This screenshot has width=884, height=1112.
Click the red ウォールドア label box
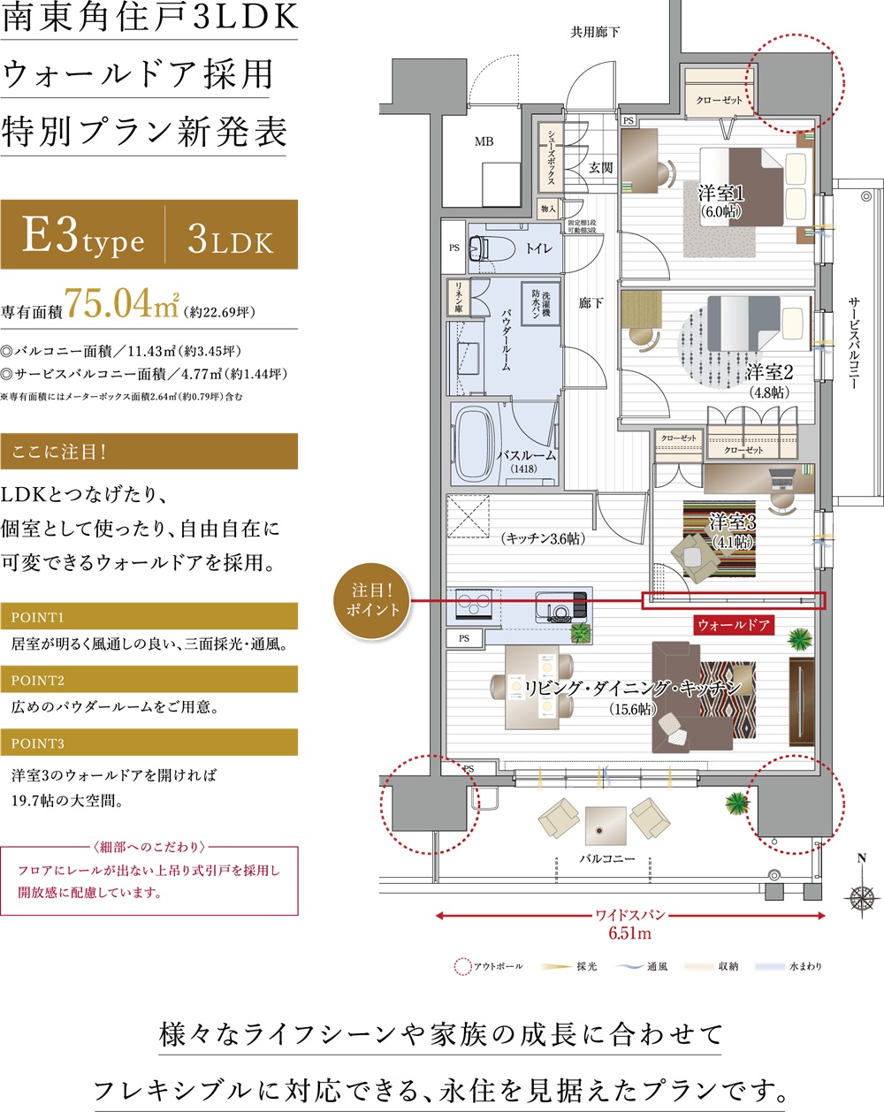[x=733, y=625]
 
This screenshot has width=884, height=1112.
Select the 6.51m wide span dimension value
[x=629, y=933]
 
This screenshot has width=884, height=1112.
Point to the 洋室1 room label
[x=721, y=194]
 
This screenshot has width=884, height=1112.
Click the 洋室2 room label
[x=769, y=372]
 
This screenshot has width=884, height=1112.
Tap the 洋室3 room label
[x=733, y=523]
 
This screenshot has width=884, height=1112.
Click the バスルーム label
[x=526, y=455]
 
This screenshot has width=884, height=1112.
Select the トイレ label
[x=539, y=248]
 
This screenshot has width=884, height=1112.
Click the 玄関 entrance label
[x=601, y=167]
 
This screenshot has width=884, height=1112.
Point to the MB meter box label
[x=484, y=141]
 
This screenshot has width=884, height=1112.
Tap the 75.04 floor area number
[x=109, y=303]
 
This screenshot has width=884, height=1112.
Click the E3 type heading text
[x=83, y=237]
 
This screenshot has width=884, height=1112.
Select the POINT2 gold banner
[x=149, y=680]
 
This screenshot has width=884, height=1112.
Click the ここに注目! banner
[x=149, y=452]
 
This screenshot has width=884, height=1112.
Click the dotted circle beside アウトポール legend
[x=462, y=967]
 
